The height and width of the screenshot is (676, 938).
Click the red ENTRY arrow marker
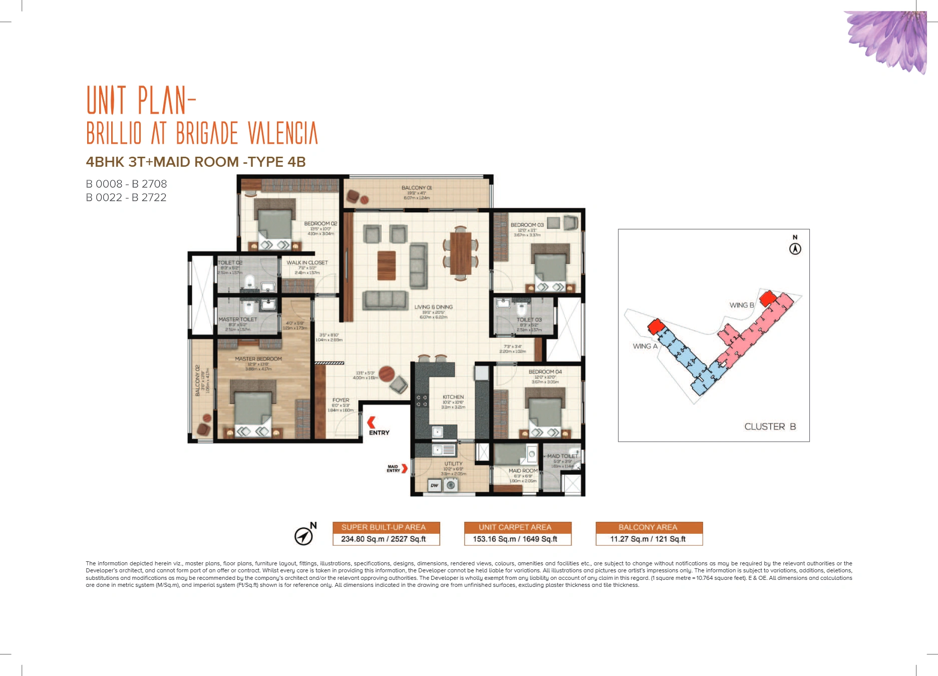tap(371, 422)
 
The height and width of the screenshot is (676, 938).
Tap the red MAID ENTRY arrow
tap(404, 469)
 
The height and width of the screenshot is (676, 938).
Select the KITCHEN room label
tap(453, 397)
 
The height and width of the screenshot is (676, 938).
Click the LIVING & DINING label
tap(433, 307)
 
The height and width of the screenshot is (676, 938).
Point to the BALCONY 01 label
tap(416, 188)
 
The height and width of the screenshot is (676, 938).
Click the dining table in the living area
tap(460, 253)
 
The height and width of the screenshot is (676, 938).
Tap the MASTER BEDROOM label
tap(258, 359)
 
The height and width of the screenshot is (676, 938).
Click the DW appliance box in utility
tap(434, 485)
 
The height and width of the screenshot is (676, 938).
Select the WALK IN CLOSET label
tap(307, 262)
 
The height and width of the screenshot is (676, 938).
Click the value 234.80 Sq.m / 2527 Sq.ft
tap(384, 539)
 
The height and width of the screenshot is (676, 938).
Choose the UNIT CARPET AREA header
tap(515, 527)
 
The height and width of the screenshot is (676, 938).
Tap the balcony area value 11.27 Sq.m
tap(647, 539)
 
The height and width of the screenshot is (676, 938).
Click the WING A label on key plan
tap(645, 346)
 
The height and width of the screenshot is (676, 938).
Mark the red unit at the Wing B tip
tap(767, 299)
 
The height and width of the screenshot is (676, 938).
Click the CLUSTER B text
tap(769, 427)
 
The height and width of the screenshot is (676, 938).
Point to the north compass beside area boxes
tap(303, 536)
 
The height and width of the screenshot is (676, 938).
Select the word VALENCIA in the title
tap(283, 133)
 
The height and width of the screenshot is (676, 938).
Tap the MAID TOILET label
tap(562, 456)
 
